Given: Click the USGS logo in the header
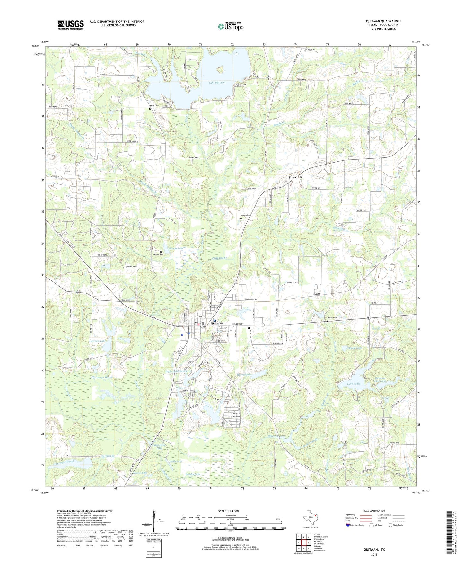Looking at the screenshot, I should [x=71, y=25].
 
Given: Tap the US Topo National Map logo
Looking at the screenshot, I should [x=230, y=26].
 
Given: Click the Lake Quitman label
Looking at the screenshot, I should [x=217, y=83].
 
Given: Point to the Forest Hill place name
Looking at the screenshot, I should [x=296, y=177].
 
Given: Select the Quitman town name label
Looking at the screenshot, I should [x=217, y=323].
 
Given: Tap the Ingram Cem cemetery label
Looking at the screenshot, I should [x=246, y=215].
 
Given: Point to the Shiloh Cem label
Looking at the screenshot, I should [x=332, y=318].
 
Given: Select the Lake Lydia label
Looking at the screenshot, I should [x=354, y=384].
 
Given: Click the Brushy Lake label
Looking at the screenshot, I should [x=193, y=474].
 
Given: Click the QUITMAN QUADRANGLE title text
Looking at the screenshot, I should [x=383, y=21].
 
